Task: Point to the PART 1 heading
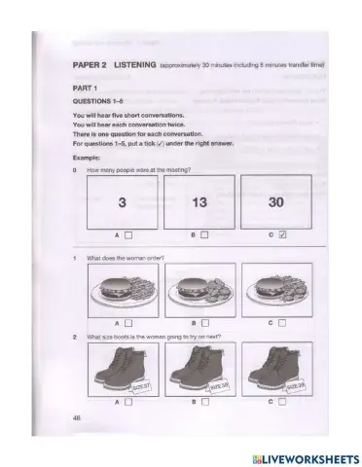click(x=86, y=87)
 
